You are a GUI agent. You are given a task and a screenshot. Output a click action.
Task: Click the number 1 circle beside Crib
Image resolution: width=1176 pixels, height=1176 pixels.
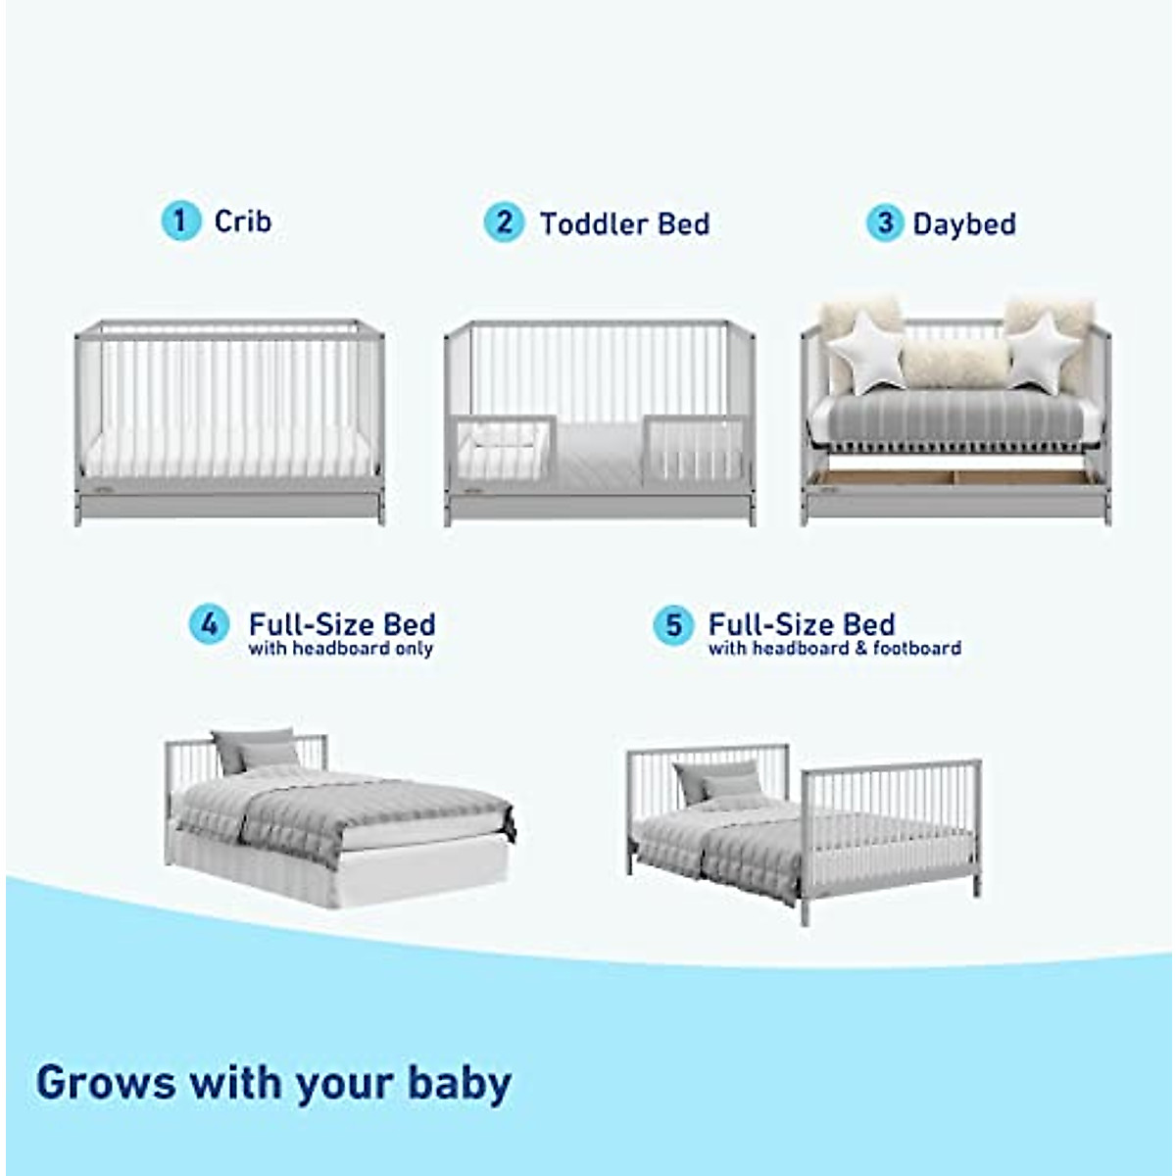click(179, 220)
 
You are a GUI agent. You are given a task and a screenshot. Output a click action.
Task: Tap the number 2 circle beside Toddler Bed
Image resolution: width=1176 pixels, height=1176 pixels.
click(504, 222)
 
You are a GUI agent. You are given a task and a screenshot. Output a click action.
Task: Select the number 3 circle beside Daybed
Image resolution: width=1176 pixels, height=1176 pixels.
click(884, 222)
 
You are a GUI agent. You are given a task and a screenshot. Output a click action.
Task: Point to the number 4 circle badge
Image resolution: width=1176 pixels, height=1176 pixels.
click(209, 624)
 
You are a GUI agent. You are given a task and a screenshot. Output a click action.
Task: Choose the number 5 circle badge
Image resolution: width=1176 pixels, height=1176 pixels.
click(673, 624)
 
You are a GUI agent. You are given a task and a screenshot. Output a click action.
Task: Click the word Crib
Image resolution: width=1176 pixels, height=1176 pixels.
click(242, 221)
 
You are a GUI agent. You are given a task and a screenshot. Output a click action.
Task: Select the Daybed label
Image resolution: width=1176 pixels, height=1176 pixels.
click(963, 224)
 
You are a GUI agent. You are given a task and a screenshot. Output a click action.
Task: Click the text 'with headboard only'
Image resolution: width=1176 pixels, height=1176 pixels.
click(340, 649)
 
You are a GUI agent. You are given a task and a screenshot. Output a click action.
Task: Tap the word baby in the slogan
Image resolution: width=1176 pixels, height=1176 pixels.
click(459, 1083)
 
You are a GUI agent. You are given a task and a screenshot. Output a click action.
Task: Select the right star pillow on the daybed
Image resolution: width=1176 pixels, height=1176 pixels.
click(1043, 352)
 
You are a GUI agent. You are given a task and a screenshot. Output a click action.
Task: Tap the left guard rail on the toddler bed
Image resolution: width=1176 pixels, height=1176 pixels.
click(502, 449)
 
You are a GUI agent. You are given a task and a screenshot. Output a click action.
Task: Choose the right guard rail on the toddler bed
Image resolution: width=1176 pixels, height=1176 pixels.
click(696, 449)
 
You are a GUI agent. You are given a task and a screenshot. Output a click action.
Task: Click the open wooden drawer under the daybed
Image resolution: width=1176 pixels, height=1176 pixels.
click(955, 477)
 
